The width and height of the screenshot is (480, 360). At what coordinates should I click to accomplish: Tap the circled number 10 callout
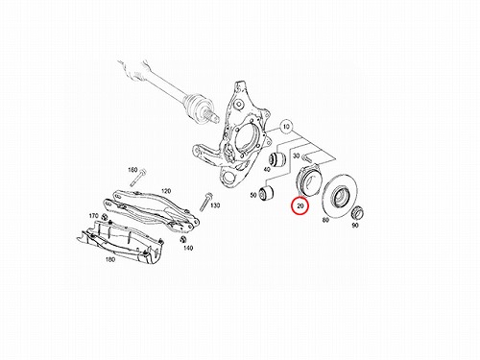(x=286, y=127)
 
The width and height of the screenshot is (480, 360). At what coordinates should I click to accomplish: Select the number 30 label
(x=297, y=156)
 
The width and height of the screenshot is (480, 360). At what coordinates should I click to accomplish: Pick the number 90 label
(x=355, y=225)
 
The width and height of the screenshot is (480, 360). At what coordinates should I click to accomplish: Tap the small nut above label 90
(x=357, y=212)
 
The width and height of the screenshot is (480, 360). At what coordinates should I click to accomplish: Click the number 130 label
(x=215, y=205)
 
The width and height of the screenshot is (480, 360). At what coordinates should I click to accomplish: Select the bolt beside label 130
(x=204, y=202)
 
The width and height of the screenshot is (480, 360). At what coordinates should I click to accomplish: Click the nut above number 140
(x=183, y=239)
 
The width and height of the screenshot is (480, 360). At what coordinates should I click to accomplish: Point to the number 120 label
(x=166, y=191)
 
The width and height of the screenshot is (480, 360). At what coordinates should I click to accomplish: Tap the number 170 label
(x=94, y=216)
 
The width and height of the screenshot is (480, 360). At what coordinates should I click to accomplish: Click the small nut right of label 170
(x=104, y=217)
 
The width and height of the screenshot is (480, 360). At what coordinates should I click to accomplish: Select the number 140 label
(x=188, y=248)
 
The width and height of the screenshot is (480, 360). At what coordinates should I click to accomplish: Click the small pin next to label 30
(x=309, y=157)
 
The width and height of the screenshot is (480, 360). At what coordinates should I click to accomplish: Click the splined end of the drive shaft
(x=212, y=115)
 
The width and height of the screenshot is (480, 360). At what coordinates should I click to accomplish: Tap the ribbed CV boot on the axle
(x=195, y=103)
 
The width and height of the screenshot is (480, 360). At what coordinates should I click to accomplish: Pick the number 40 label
(x=267, y=170)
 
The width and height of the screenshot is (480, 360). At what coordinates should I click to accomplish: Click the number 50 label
(x=253, y=195)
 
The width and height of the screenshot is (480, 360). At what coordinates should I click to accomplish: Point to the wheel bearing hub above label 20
(x=309, y=180)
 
